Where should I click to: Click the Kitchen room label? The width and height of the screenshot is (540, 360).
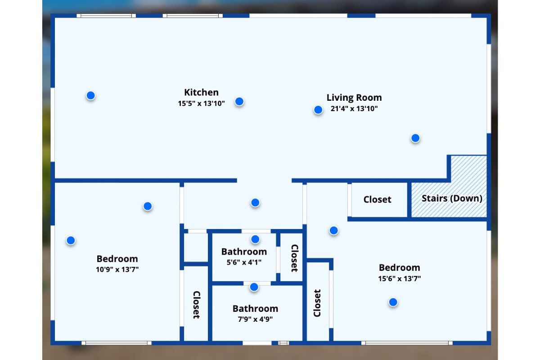[x=201, y=92]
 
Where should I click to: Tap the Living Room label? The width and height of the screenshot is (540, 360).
[x=354, y=97]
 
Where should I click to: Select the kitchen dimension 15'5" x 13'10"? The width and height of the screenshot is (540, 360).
[x=201, y=103]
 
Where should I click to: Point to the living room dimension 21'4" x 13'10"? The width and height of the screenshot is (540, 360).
[x=354, y=108]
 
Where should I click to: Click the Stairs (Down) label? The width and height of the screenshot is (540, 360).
[x=452, y=198]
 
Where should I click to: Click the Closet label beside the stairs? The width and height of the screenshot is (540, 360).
[x=377, y=199]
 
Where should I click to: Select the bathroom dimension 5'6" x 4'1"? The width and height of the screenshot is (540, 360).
[x=244, y=262]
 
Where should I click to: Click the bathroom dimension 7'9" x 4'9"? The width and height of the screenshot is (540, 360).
[x=255, y=319]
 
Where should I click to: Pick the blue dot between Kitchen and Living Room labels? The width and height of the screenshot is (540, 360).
[x=239, y=101]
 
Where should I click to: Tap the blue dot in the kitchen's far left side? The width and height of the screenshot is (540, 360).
[x=90, y=95]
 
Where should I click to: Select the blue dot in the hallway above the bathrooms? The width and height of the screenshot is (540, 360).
[x=255, y=202]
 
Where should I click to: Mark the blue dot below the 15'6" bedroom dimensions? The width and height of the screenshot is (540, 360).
[x=393, y=302]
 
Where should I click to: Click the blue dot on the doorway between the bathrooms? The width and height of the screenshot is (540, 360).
[x=254, y=287]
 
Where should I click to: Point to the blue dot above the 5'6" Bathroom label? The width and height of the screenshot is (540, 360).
[x=255, y=239]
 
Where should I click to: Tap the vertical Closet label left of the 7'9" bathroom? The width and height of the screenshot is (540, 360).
[x=196, y=305]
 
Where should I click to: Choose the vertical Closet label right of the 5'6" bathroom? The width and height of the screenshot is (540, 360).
[x=294, y=258]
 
